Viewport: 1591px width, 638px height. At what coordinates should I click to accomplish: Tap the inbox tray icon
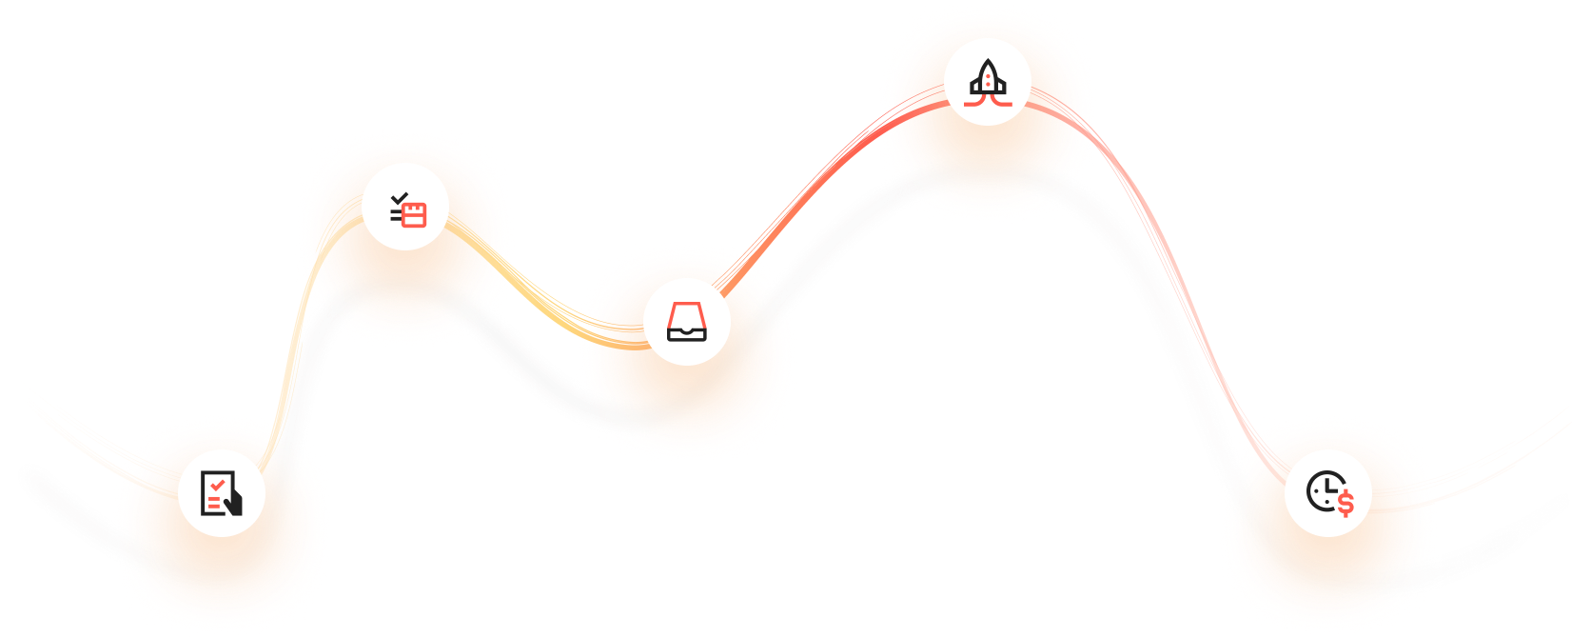[x=687, y=322]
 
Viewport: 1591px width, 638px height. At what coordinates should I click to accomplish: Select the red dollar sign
[x=1345, y=502]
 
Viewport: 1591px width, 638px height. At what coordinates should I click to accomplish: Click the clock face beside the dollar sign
[x=1322, y=491]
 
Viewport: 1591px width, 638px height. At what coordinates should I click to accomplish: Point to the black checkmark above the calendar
[x=400, y=198]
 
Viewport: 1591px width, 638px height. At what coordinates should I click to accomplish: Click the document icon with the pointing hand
[x=221, y=493]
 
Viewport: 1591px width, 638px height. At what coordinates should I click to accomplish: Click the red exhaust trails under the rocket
[x=988, y=99]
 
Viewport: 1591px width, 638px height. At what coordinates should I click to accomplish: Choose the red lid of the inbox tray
[x=687, y=313]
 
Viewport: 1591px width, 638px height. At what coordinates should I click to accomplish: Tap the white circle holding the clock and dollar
[x=1306, y=514]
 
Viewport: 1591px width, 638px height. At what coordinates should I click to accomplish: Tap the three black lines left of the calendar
[x=396, y=214]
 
